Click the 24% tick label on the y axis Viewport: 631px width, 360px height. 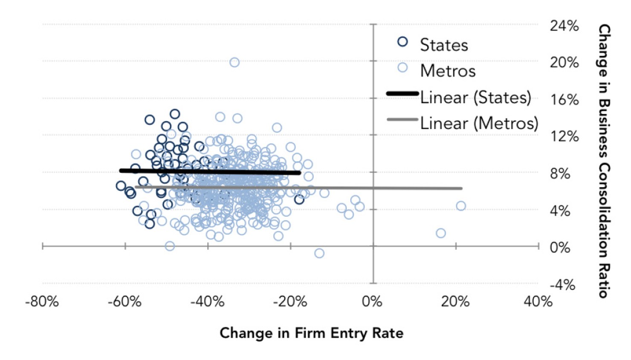(x=564, y=26)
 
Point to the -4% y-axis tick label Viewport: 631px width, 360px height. (x=562, y=285)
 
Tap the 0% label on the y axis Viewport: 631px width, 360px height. (x=560, y=248)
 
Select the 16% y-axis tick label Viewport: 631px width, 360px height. (x=564, y=100)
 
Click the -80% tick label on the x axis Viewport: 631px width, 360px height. (x=42, y=302)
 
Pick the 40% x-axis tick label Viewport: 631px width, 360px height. (x=538, y=302)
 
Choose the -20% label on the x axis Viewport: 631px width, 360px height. (x=290, y=302)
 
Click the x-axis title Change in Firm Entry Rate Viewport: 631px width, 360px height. (x=311, y=333)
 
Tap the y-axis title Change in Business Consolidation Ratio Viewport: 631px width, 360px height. (x=604, y=161)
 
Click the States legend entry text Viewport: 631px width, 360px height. (x=444, y=45)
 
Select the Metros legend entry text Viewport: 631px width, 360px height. (x=448, y=71)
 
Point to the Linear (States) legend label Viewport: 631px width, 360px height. (x=475, y=98)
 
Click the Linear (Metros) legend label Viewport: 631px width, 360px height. (x=479, y=123)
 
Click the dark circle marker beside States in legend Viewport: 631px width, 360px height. (x=402, y=42)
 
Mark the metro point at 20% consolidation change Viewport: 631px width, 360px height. (x=234, y=63)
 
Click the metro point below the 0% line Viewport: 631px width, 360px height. (x=319, y=253)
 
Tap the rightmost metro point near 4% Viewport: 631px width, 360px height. (x=461, y=206)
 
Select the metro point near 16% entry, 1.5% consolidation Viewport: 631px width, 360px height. (x=441, y=233)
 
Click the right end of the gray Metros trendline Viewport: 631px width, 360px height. (x=461, y=188)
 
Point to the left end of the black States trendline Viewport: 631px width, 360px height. (x=121, y=170)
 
